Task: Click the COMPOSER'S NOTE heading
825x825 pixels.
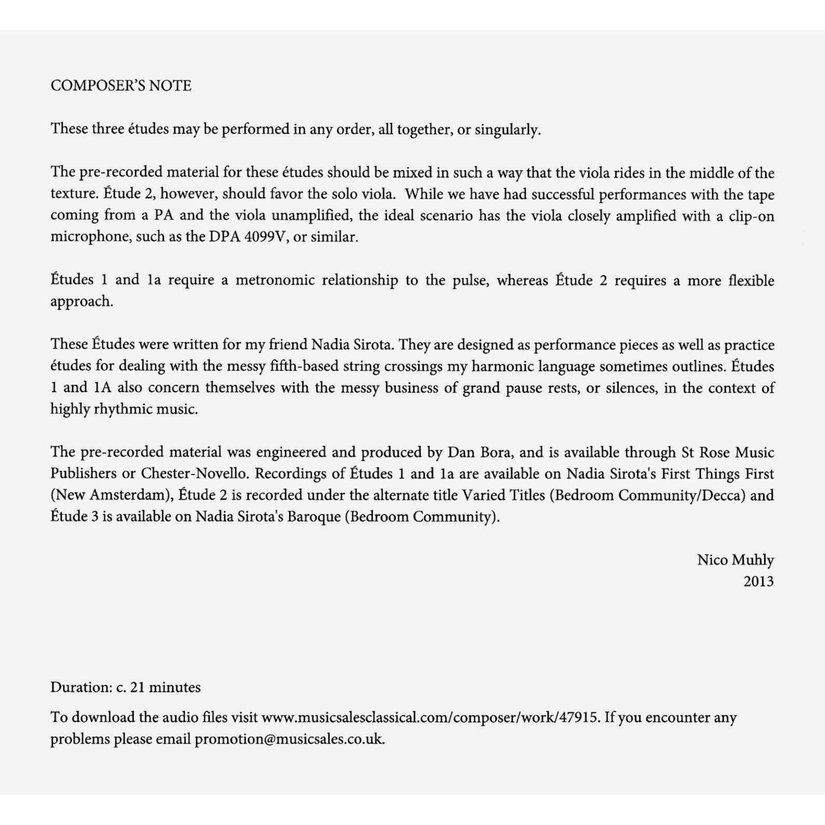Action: coord(121,86)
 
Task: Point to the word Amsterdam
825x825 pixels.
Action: coord(126,495)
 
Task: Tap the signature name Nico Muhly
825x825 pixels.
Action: coord(735,560)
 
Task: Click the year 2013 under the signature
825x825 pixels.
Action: coord(758,581)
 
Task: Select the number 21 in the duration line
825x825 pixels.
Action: coord(137,687)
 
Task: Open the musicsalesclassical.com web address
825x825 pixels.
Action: coord(430,718)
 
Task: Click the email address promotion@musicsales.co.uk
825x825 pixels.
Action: coord(289,739)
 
